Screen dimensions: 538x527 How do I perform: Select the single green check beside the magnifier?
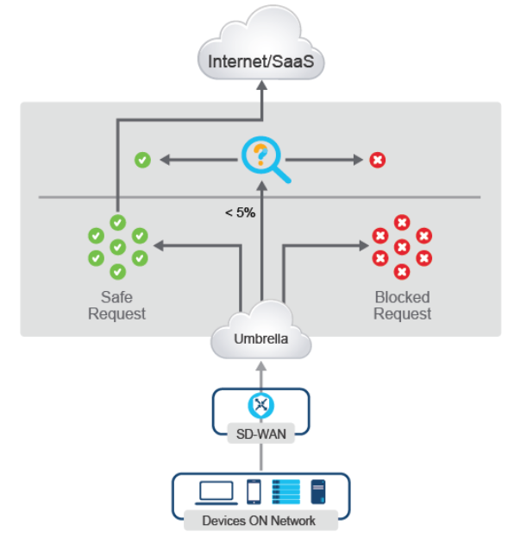pyautogui.click(x=142, y=160)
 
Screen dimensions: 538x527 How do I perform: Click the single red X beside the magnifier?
pyautogui.click(x=377, y=160)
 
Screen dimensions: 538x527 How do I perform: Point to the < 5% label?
pyautogui.click(x=239, y=212)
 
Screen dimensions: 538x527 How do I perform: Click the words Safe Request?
pyautogui.click(x=117, y=305)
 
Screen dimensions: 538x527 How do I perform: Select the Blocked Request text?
pyautogui.click(x=402, y=305)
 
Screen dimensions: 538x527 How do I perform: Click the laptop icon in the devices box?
pyautogui.click(x=216, y=492)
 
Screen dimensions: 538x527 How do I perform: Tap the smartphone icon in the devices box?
pyautogui.click(x=254, y=492)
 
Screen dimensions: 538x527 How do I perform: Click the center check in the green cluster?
pyautogui.click(x=118, y=247)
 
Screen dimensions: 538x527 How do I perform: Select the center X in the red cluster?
pyautogui.click(x=401, y=247)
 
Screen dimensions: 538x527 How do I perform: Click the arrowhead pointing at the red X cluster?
pyautogui.click(x=362, y=246)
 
